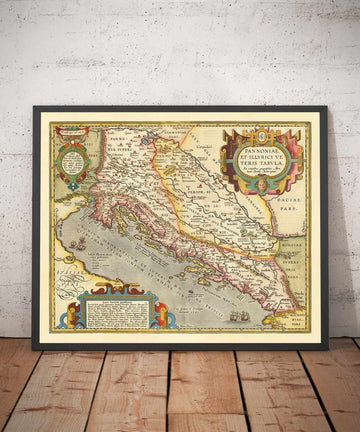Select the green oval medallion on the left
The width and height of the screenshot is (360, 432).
[73, 160]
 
